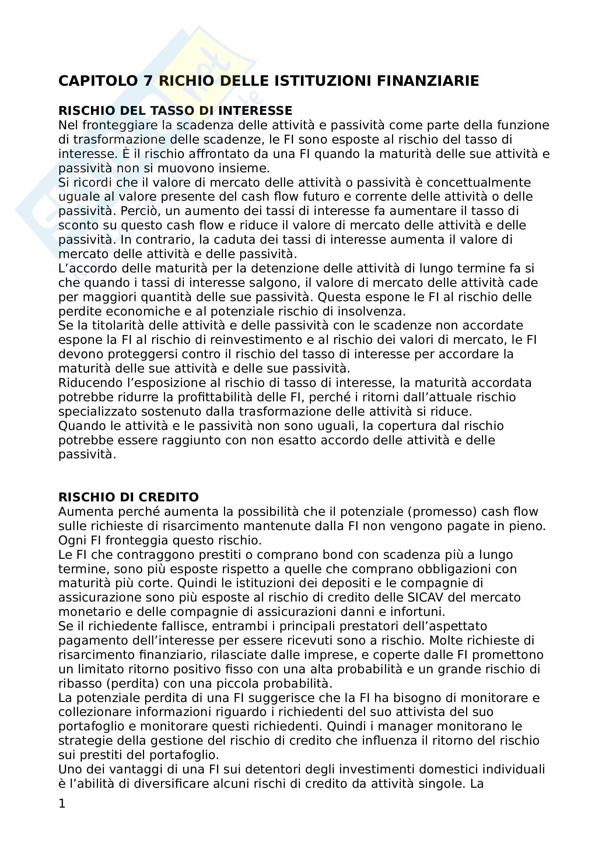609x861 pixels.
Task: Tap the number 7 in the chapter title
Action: tap(148, 81)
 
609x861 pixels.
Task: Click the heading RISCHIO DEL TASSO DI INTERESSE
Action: tap(175, 111)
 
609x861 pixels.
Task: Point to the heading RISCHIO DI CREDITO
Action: tap(128, 497)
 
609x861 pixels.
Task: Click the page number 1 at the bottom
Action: tap(62, 804)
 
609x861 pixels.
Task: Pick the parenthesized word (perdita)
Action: tap(133, 684)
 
